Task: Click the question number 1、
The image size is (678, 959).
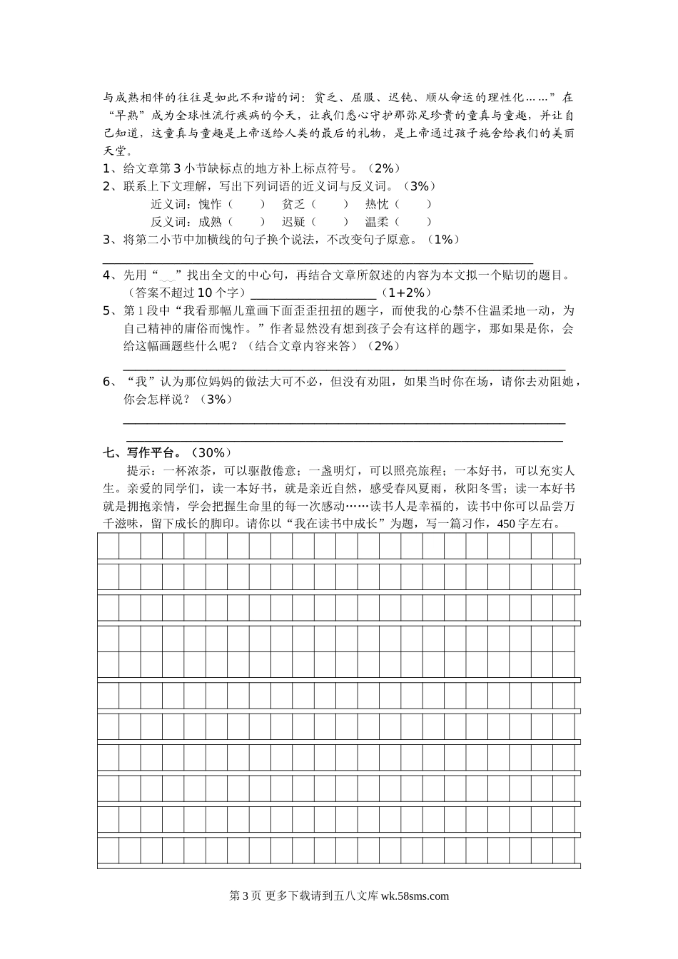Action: (x=110, y=169)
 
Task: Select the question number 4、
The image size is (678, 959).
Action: (x=110, y=275)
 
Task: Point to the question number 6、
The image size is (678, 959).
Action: (x=110, y=382)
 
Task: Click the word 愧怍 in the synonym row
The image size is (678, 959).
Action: (x=211, y=204)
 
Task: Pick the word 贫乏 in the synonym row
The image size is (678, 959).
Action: (x=294, y=204)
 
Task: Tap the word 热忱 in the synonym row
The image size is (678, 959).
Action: (x=377, y=204)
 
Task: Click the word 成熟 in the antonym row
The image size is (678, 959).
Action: (x=211, y=222)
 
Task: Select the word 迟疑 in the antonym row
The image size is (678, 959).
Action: (x=294, y=222)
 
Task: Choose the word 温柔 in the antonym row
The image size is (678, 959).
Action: (x=377, y=222)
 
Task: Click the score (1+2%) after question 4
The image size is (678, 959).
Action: (x=406, y=293)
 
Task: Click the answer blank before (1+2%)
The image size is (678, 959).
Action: (x=314, y=294)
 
